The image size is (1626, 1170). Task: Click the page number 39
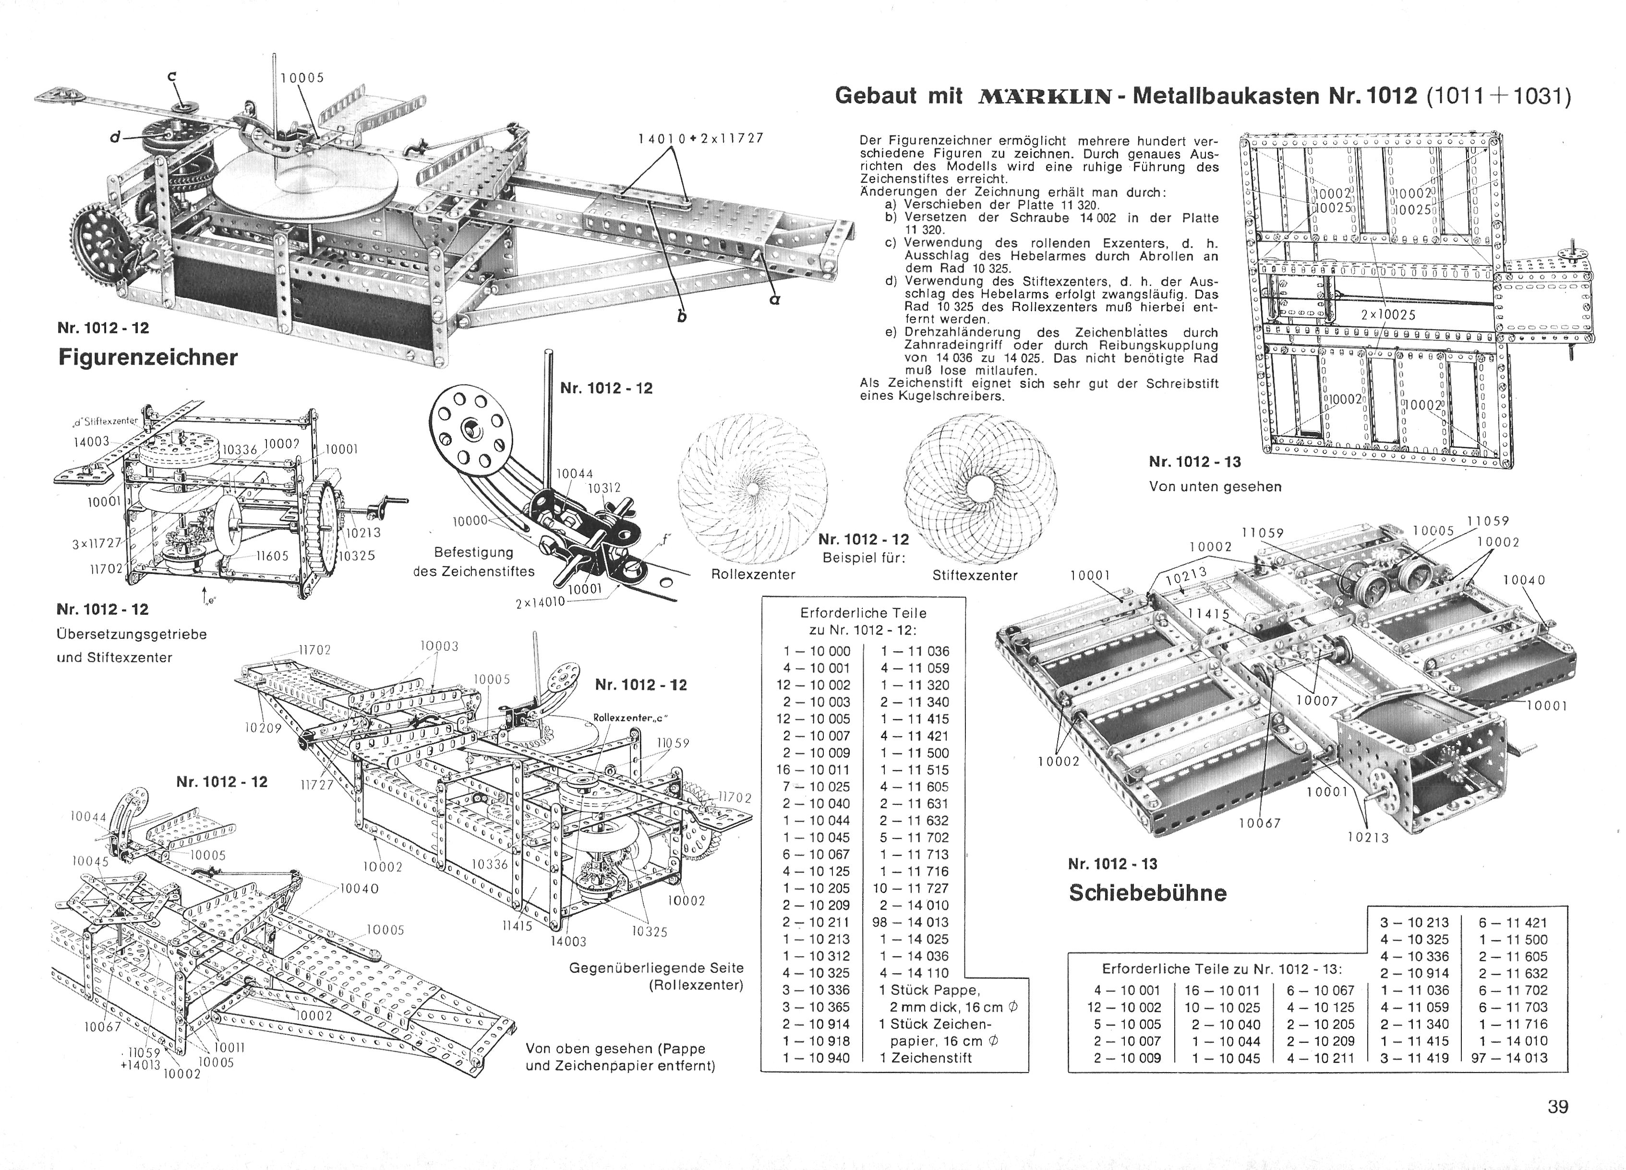[1558, 1107]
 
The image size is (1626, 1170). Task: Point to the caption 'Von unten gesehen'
[1215, 487]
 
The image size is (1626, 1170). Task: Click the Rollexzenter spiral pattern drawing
[753, 487]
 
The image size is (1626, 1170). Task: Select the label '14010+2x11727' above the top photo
[700, 138]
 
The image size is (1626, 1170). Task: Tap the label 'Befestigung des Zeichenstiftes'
[474, 561]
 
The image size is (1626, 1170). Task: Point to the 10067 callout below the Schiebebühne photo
[1260, 823]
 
